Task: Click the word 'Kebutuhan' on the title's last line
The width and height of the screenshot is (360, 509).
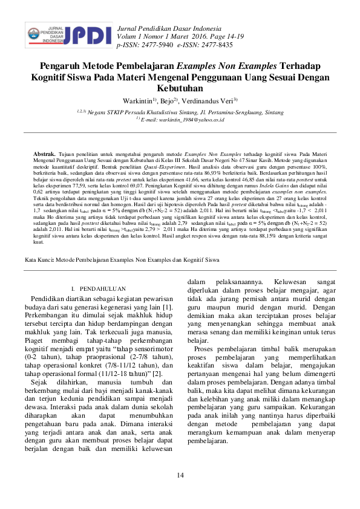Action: (180, 88)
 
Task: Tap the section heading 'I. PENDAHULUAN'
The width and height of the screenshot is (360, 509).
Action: (99, 289)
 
